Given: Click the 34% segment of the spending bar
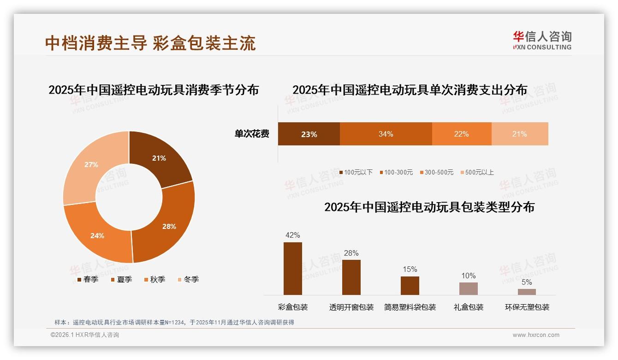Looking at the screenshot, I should (x=386, y=134).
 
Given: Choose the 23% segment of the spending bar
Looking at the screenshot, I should (x=309, y=134).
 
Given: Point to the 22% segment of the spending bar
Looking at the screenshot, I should (x=461, y=134).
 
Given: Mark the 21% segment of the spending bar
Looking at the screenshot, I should (x=519, y=134).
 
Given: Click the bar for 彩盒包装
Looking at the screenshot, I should (x=292, y=269).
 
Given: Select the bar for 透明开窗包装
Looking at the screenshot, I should (x=351, y=277).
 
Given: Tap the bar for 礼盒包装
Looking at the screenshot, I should (x=468, y=288).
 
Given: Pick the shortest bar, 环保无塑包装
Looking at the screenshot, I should (x=527, y=292).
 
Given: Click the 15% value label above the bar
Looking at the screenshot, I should (x=410, y=269).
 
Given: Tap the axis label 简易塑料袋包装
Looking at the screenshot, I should (x=410, y=307).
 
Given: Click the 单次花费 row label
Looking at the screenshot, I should (x=252, y=134).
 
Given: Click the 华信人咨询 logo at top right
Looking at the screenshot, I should (x=542, y=40).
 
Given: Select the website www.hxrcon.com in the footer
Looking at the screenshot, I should (x=535, y=335).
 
